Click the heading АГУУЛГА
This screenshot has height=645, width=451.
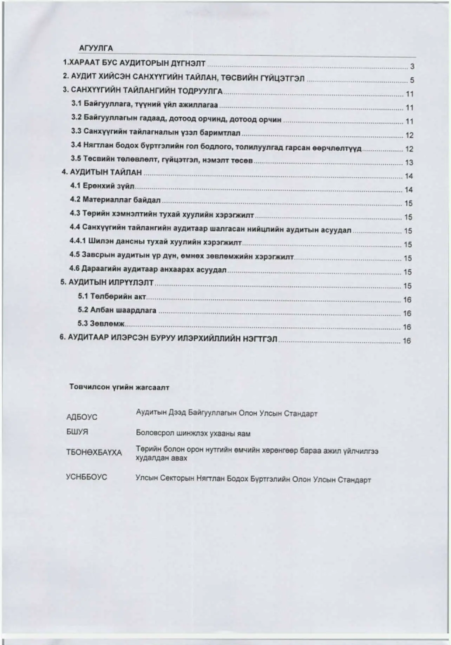pyautogui.click(x=96, y=48)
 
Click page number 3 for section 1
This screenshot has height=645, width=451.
pyautogui.click(x=412, y=66)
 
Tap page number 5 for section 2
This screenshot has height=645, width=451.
pyautogui.click(x=412, y=80)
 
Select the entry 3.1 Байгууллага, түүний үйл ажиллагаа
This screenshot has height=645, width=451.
pyautogui.click(x=144, y=105)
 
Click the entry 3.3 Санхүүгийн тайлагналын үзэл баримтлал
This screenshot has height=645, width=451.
pyautogui.click(x=156, y=132)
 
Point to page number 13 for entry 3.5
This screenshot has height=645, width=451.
pyautogui.click(x=409, y=163)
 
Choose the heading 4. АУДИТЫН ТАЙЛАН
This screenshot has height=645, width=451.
pyautogui.click(x=102, y=172)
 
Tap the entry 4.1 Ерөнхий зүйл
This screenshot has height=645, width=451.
pyautogui.click(x=102, y=186)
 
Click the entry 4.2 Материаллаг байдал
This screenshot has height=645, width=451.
pyautogui.click(x=115, y=200)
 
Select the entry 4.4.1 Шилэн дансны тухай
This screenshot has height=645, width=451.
pyautogui.click(x=155, y=242)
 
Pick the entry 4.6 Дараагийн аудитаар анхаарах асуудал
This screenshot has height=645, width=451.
pyautogui.click(x=148, y=269)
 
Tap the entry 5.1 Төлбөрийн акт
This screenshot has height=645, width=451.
pyautogui.click(x=112, y=296)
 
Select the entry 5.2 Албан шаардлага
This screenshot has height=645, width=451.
pyautogui.click(x=117, y=310)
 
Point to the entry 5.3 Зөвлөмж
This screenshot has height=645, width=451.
pyautogui.click(x=101, y=324)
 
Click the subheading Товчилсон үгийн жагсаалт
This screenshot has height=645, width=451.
pyautogui.click(x=119, y=387)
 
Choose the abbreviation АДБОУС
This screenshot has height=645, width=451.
pyautogui.click(x=81, y=417)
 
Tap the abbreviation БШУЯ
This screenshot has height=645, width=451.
pyautogui.click(x=77, y=432)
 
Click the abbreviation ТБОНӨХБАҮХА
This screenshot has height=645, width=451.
pyautogui.click(x=94, y=452)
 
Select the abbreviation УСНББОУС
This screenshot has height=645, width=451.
pyautogui.click(x=86, y=477)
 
